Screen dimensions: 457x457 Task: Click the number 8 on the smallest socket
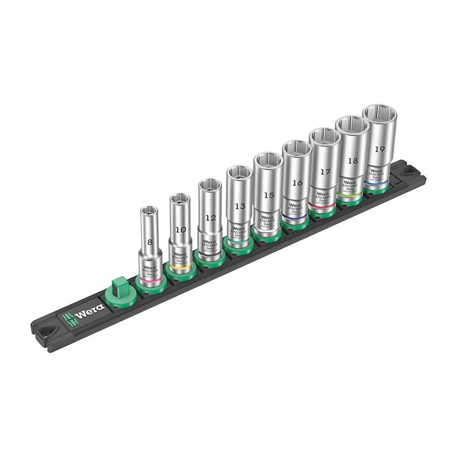point(150,242)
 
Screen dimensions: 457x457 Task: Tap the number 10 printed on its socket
point(181,230)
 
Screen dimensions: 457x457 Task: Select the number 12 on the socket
point(210,218)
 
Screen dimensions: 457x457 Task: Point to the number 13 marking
point(240,206)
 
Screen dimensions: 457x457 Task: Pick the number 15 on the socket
point(268,195)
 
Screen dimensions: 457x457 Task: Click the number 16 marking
point(297,183)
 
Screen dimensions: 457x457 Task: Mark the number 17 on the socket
point(325,171)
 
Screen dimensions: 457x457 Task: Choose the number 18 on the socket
point(352,161)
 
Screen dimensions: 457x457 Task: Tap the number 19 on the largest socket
point(379,149)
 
